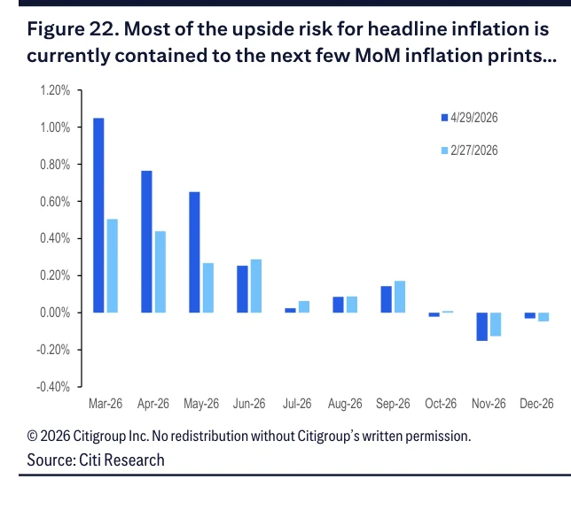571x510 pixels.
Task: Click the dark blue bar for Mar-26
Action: [x=98, y=215]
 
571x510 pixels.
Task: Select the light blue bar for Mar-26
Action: [x=113, y=266]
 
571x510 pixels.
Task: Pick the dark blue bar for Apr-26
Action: [x=147, y=242]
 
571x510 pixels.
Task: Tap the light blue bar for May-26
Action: [x=208, y=288]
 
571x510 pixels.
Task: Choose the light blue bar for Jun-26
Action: [x=256, y=286]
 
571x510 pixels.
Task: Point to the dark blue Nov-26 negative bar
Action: [x=482, y=327]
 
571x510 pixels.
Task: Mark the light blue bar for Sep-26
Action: [x=400, y=297]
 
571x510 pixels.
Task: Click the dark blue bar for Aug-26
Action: [x=339, y=305]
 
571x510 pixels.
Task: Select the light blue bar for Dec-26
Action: [x=544, y=317]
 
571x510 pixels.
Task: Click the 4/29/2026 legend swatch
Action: [x=444, y=118]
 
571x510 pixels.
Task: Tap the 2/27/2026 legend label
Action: [x=474, y=151]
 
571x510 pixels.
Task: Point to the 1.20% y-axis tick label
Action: [x=55, y=90]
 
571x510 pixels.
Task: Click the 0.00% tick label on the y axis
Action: [x=55, y=313]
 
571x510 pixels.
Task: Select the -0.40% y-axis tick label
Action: [x=53, y=387]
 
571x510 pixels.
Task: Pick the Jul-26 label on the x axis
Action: [x=297, y=404]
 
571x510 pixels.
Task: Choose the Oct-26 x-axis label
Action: [x=441, y=404]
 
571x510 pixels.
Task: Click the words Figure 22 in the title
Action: [x=74, y=29]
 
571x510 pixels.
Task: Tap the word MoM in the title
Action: [x=378, y=55]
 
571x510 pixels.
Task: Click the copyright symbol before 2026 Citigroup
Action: [x=32, y=436]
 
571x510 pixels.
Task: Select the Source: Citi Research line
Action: [x=96, y=460]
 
